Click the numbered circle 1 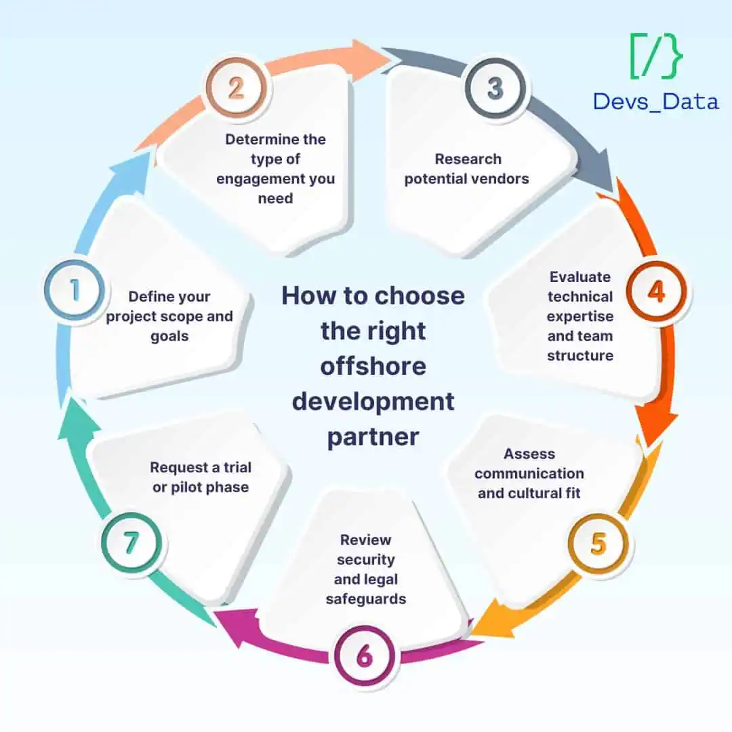click(75, 290)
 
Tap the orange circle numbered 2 click(237, 87)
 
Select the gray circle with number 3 click(495, 87)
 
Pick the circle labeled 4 click(656, 291)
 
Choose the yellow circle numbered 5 click(598, 544)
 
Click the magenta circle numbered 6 click(365, 655)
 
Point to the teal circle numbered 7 click(131, 542)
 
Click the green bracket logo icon click(656, 56)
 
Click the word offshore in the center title click(373, 366)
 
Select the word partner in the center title click(373, 438)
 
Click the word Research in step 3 click(468, 159)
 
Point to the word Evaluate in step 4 click(579, 277)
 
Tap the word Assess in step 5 click(529, 453)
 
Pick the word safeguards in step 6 click(366, 599)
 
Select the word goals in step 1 click(169, 337)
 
